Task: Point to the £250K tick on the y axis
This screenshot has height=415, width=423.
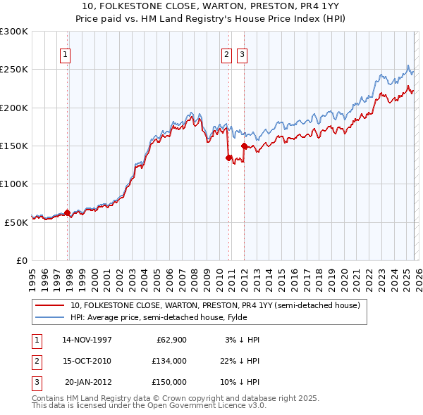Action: (13, 70)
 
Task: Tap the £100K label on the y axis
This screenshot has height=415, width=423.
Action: (13, 184)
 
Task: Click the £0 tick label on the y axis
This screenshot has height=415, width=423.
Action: (21, 260)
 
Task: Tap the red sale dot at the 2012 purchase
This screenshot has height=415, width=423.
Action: (244, 146)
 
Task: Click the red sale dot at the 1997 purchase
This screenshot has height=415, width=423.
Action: (68, 212)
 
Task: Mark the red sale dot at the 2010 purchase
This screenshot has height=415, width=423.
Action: (228, 158)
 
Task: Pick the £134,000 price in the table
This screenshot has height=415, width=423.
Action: (169, 361)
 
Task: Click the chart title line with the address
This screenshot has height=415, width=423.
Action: (211, 7)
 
